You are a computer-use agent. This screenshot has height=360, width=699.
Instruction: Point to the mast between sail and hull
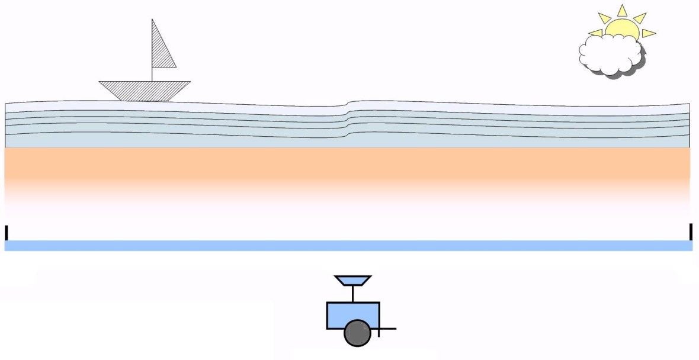152,74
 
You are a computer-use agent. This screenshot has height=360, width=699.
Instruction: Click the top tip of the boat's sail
152,20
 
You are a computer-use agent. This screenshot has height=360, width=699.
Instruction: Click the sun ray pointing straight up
622,11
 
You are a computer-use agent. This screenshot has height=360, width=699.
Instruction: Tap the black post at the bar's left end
7,233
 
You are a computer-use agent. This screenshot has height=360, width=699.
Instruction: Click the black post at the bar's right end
691,232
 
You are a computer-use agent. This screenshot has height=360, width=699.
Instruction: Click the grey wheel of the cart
357,333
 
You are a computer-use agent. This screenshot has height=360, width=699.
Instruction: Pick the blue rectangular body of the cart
352,311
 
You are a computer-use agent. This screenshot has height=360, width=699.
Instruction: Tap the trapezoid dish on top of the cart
352,279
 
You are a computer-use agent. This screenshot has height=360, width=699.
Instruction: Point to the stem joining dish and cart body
352,294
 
